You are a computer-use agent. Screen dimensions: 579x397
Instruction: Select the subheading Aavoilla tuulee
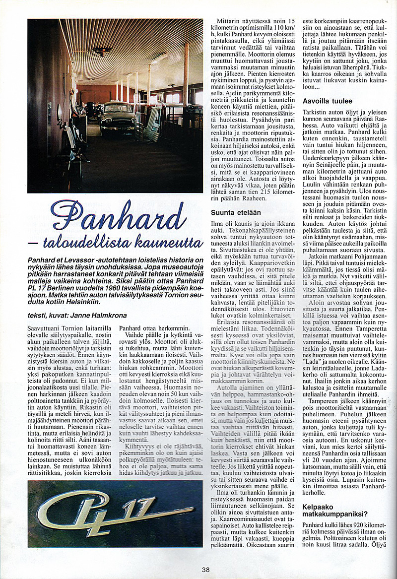tap(327, 101)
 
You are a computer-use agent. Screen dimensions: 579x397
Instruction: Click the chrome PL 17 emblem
tap(114, 512)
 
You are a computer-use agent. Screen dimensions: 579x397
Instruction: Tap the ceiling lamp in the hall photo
tap(103, 51)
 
